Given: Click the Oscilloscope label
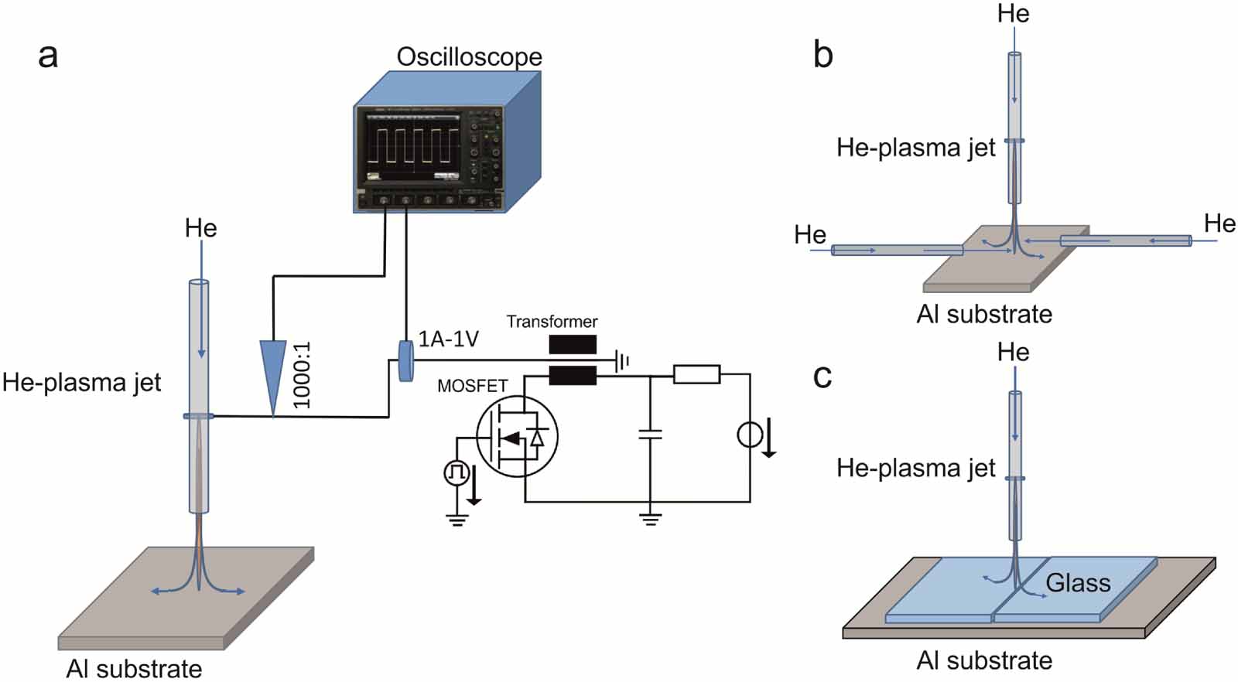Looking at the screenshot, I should [x=469, y=56].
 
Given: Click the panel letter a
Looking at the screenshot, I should [x=48, y=56].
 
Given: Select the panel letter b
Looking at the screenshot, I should [x=823, y=56].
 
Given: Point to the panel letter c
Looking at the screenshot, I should [x=822, y=377].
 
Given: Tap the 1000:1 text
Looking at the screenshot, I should [x=302, y=375].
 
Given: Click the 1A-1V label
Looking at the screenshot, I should [x=449, y=339].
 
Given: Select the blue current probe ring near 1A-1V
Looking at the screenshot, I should [x=405, y=360].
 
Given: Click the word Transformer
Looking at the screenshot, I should [x=552, y=321].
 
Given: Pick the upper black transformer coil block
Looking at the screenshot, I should [x=573, y=344].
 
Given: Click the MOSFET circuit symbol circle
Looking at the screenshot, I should [x=517, y=438].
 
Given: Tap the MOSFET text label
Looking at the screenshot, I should [x=472, y=385].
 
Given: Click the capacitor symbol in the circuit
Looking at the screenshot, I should [x=650, y=435].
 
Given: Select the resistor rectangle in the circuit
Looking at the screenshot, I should [x=696, y=375].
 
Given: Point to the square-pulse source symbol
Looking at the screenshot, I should [x=456, y=472].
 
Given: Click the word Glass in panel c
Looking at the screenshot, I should [x=1078, y=583].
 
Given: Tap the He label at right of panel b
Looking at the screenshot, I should [x=1219, y=223].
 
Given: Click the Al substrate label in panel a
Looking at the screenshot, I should [x=134, y=668].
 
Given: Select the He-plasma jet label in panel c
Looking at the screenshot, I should [x=915, y=468].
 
